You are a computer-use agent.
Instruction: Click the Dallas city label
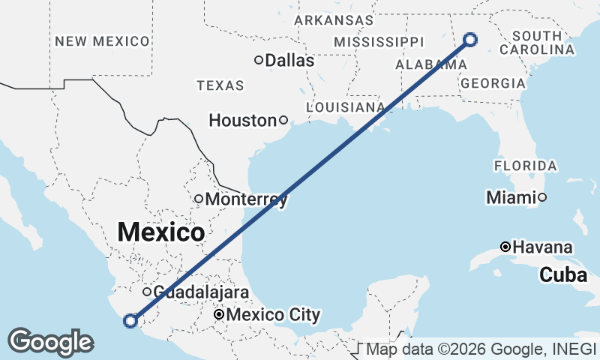tap(289, 61)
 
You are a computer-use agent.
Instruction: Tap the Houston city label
tap(242, 120)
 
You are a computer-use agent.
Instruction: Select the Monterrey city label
tap(245, 199)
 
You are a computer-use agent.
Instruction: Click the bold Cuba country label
tap(562, 275)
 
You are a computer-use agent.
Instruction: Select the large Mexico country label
tap(160, 232)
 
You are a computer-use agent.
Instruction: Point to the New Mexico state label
tap(101, 41)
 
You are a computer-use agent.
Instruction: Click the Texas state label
tap(220, 85)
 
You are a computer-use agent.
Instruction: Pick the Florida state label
tap(525, 165)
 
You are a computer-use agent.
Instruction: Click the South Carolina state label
tap(543, 43)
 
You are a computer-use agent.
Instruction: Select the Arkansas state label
tap(333, 20)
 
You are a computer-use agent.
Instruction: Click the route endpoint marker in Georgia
tap(471, 40)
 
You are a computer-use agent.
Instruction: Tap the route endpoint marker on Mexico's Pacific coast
tap(130, 321)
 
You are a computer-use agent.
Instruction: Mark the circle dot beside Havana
tap(506, 247)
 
